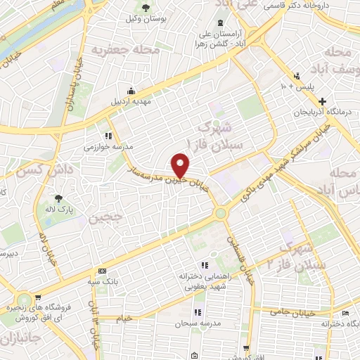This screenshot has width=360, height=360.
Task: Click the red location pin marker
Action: tap(181, 165)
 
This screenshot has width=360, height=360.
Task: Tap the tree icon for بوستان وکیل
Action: tap(146, 8)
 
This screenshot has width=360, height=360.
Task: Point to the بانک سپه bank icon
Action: tap(103, 271)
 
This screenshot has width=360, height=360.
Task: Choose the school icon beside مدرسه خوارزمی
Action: tap(108, 136)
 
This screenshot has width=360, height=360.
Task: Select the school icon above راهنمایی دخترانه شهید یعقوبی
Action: tap(205, 265)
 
